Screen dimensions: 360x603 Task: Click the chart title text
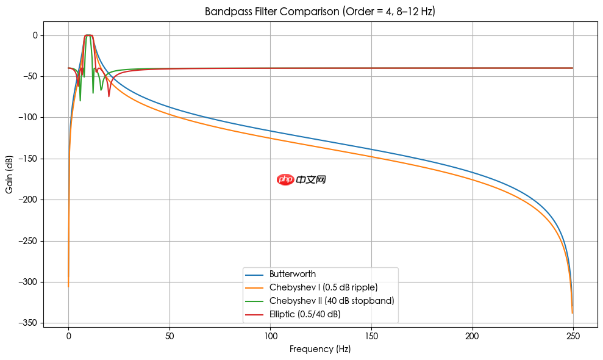point(319,12)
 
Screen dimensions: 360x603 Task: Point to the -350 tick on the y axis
point(29,323)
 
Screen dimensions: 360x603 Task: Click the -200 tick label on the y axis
point(29,200)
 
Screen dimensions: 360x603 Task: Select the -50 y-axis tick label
point(31,76)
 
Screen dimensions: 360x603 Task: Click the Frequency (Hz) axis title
point(320,350)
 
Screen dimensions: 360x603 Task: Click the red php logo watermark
point(285,179)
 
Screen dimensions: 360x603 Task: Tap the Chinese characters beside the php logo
point(311,179)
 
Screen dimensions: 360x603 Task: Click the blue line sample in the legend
point(255,274)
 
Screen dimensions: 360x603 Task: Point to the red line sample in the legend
point(255,314)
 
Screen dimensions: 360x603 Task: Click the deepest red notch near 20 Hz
point(109,96)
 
